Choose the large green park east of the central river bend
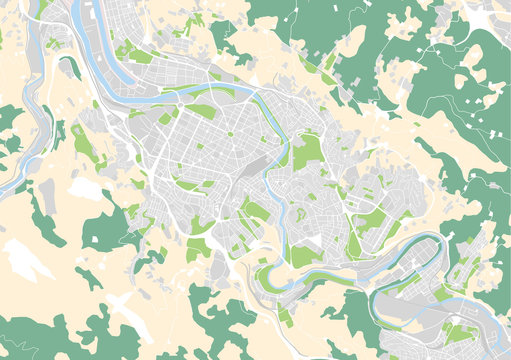[307, 150]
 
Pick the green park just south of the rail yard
[256, 211]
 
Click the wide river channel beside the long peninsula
[95, 55]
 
